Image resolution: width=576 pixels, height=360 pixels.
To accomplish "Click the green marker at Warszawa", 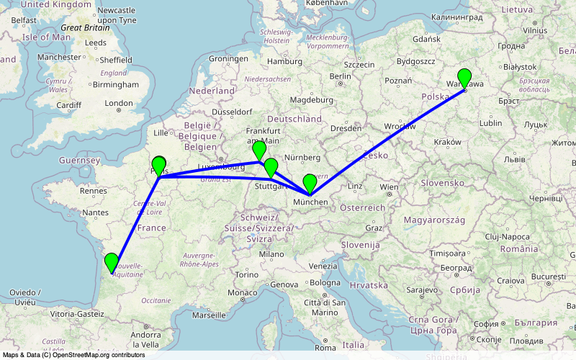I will pos(464,78).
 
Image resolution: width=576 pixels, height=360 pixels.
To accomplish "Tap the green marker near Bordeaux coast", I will pos(111,262).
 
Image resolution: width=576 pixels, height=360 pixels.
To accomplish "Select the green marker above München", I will pos(310,183).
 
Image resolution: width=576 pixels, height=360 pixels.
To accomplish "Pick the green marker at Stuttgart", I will pos(271,168).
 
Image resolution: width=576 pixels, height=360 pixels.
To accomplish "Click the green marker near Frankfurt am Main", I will pos(259,150).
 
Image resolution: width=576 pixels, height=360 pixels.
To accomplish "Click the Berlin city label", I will pos(339,76).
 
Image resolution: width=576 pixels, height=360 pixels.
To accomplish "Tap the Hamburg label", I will pos(284,62).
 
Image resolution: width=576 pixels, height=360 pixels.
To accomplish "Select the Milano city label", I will pos(271,254).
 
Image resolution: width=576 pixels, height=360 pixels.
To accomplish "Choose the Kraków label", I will pos(448,143).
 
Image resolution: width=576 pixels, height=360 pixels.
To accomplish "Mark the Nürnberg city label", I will pos(301,158).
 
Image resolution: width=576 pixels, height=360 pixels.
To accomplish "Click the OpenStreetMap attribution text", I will pos(73,355).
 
